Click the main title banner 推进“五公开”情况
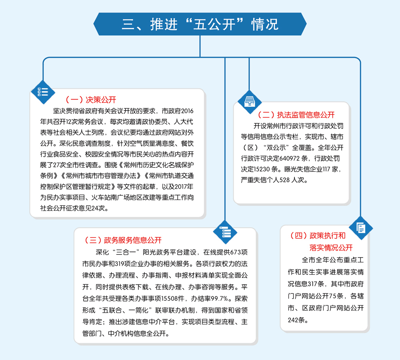(x=200, y=24)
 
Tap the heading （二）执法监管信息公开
(x=296, y=115)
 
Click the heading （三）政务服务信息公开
(x=123, y=240)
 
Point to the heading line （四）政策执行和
(x=317, y=235)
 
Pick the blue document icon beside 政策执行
(x=361, y=228)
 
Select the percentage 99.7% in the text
(x=217, y=298)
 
